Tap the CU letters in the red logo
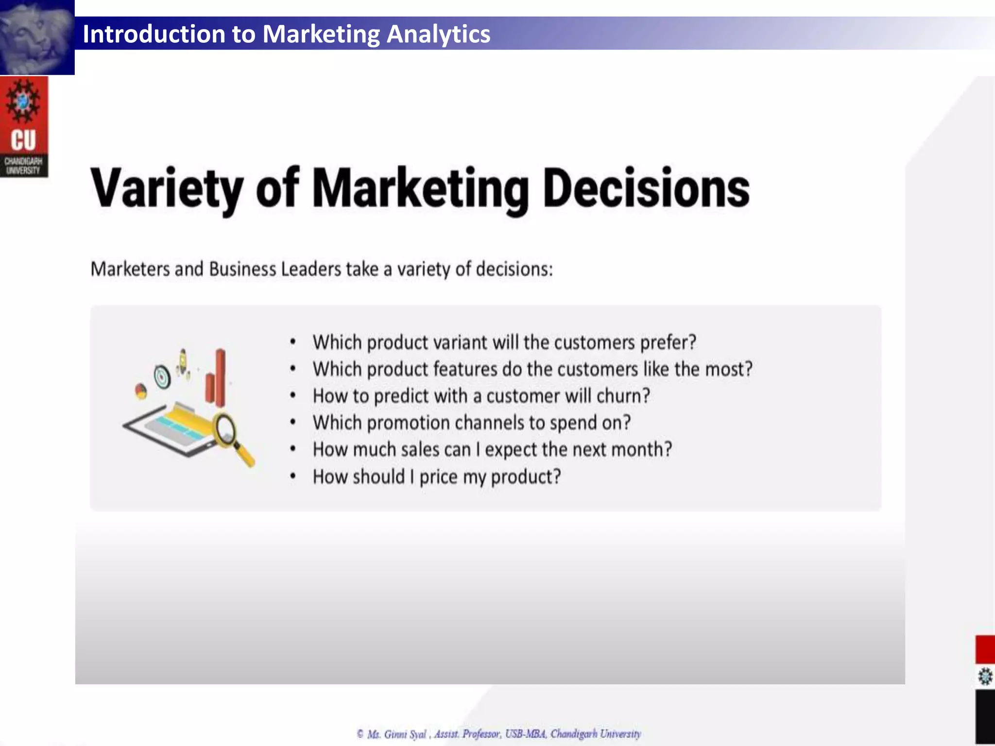click(x=23, y=140)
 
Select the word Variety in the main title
click(x=167, y=189)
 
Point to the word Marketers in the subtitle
click(x=130, y=269)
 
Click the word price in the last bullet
click(x=438, y=477)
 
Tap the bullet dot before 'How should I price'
click(x=293, y=476)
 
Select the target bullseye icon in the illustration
click(x=162, y=376)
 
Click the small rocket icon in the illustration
click(x=183, y=362)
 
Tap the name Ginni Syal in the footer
click(x=405, y=734)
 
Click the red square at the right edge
click(x=985, y=649)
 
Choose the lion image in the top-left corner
click(x=37, y=37)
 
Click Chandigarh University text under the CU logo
click(x=23, y=166)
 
